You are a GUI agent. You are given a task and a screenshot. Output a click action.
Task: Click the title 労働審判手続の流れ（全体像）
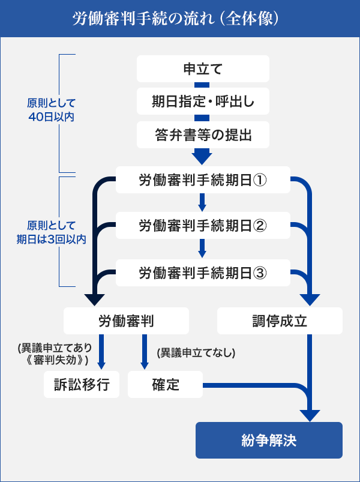179,18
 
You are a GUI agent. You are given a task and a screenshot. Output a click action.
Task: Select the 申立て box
202,69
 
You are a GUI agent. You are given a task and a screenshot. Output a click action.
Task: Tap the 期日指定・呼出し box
202,102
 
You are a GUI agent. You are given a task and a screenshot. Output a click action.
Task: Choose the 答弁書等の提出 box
202,136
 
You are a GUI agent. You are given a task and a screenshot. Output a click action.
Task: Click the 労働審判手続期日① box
202,179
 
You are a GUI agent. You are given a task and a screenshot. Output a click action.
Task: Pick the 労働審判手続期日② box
202,226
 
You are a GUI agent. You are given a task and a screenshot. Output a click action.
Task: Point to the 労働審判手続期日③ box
202,273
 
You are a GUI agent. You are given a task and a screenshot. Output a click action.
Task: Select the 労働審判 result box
126,321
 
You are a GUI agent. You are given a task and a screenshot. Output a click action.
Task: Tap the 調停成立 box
280,321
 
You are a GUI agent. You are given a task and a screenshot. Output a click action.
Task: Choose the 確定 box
166,385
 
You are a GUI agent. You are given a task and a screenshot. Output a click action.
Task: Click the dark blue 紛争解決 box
269,441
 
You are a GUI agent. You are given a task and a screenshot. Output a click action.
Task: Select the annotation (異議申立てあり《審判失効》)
54,354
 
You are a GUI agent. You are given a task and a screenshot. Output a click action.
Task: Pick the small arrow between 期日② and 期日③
202,249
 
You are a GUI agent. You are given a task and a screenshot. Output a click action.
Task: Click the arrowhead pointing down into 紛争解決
310,415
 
